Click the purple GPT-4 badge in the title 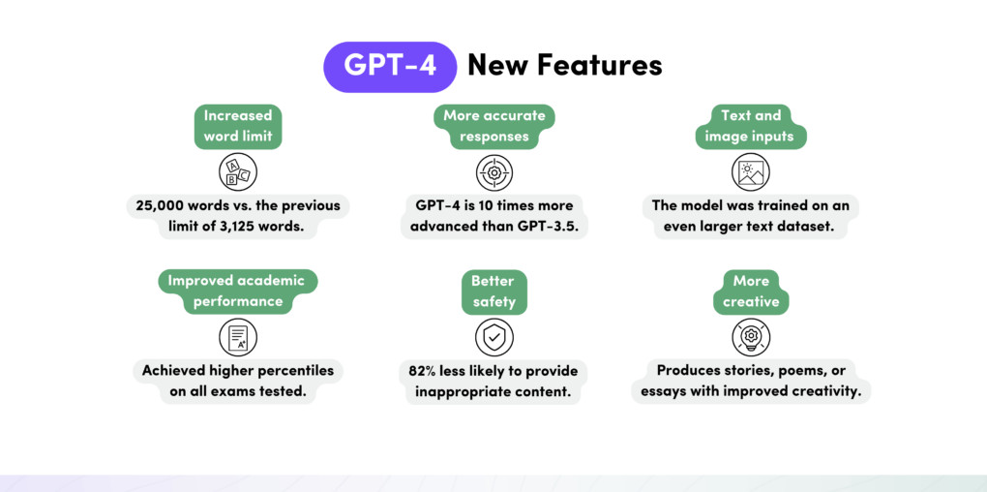390,67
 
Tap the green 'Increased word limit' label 237,126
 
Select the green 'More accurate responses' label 493,126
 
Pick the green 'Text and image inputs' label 750,126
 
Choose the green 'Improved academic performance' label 237,291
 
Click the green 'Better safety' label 493,291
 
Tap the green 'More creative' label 750,291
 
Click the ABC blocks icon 237,172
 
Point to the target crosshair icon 493,172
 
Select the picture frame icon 750,172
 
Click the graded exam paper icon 237,337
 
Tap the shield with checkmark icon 493,337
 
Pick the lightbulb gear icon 750,337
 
